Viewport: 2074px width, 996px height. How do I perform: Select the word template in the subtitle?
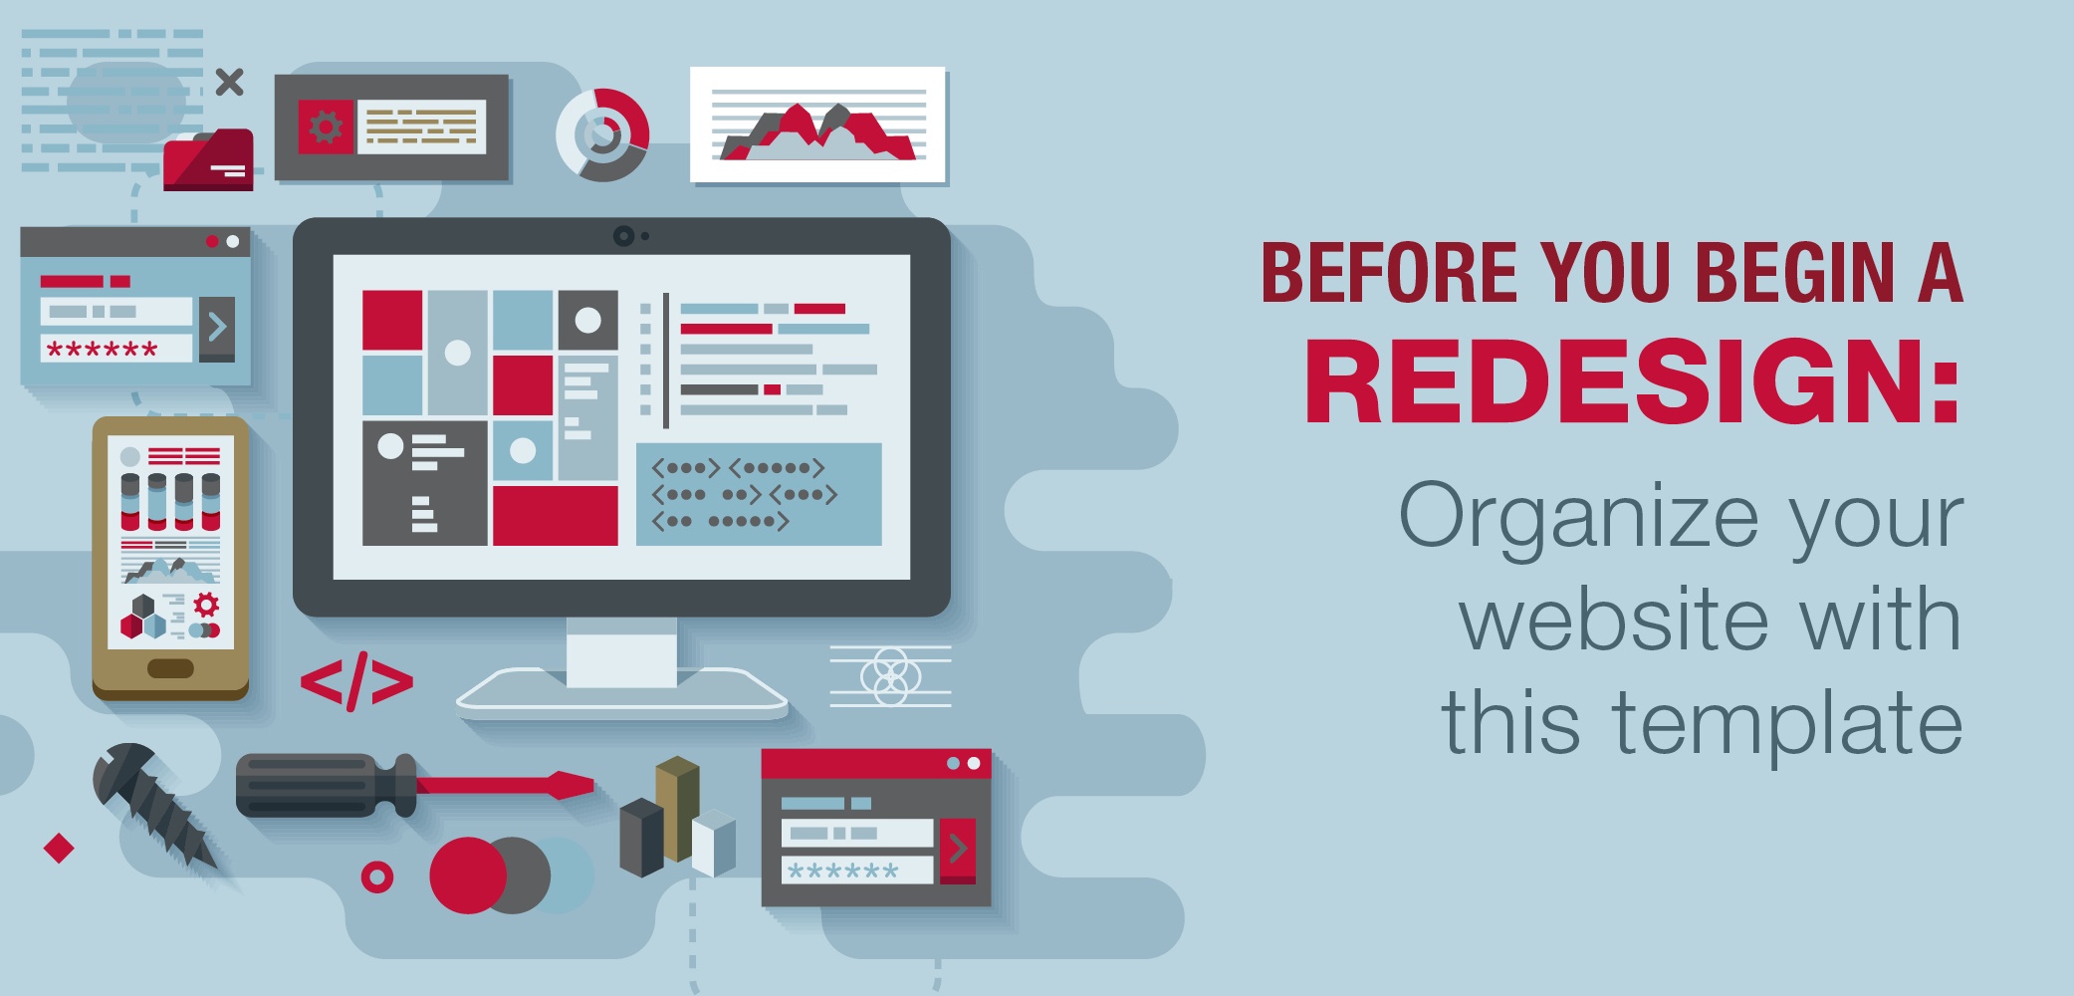1787,724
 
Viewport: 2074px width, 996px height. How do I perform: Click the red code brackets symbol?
356,681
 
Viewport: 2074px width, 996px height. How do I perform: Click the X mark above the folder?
230,82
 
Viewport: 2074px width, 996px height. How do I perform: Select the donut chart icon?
602,135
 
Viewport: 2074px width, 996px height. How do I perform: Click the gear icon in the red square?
326,127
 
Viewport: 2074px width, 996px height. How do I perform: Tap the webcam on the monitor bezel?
623,236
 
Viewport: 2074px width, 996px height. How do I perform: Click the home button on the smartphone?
170,668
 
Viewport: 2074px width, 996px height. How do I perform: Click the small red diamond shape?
60,849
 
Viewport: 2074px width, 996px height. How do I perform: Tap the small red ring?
377,877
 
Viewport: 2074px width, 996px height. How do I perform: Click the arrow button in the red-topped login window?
958,850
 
